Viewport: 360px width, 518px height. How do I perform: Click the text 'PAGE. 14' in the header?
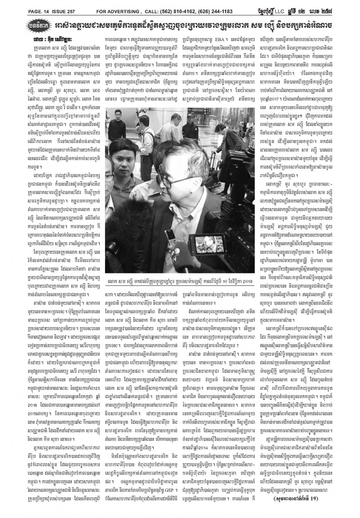click(x=17, y=5)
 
